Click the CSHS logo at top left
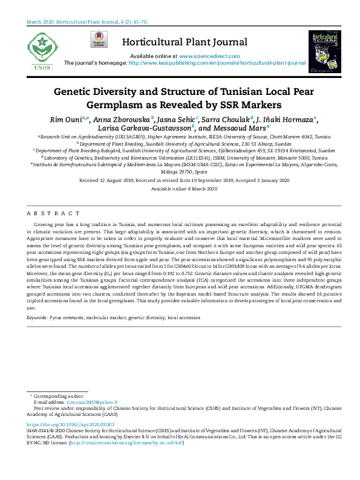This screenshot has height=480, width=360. tap(39, 51)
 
